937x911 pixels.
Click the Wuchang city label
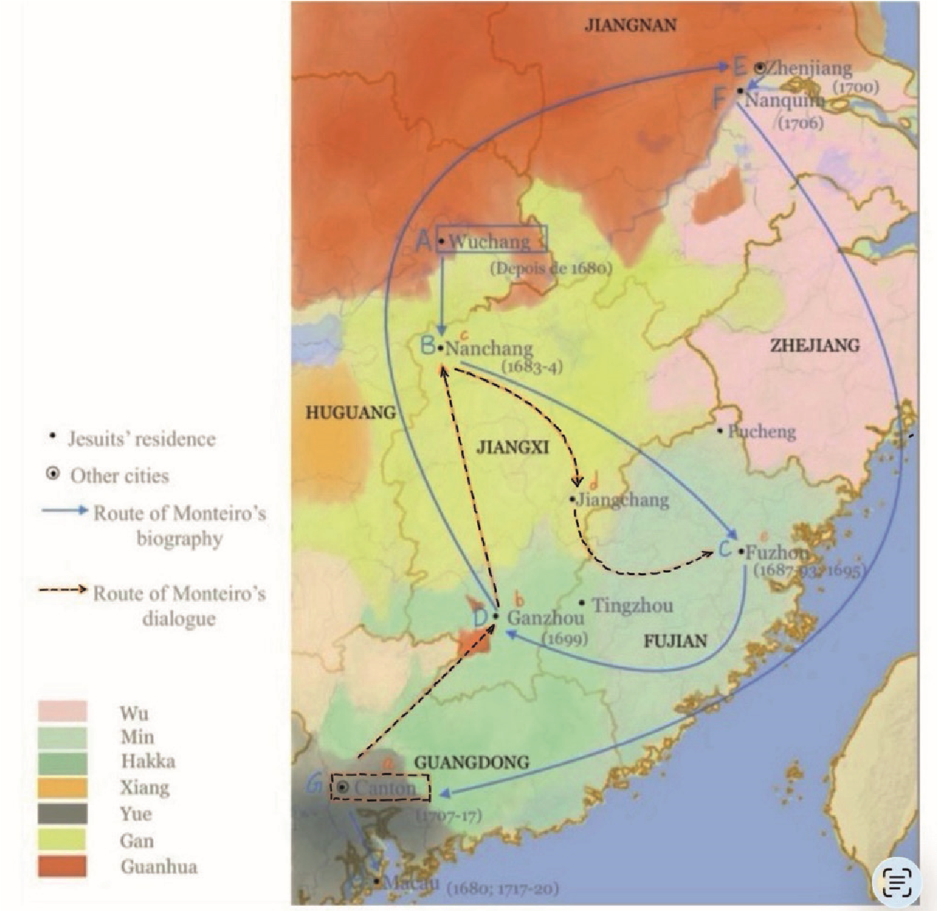490,242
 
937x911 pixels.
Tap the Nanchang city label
489,349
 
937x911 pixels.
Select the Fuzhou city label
777,552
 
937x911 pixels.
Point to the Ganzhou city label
545,618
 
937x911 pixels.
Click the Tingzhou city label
632,606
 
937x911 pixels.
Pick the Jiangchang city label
622,500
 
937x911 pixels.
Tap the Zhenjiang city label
809,68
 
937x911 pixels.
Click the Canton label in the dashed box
384,788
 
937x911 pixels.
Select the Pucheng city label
760,431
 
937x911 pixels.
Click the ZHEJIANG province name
815,346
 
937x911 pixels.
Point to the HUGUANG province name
350,413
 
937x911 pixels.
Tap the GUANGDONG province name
471,762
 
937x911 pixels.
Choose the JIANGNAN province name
630,26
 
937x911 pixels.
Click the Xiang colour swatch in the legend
63,787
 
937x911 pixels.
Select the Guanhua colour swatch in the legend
63,866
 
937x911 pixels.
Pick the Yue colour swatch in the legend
63,813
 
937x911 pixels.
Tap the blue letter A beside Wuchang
424,241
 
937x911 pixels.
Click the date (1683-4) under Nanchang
532,367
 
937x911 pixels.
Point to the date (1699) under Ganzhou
565,638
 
